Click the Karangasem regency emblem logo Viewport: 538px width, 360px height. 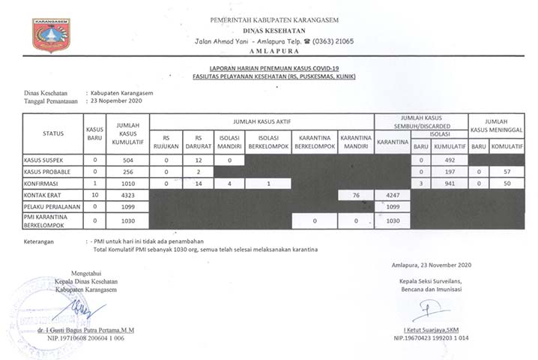(51, 34)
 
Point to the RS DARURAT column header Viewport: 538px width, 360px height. (199, 142)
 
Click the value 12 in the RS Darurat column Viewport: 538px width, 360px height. (199, 160)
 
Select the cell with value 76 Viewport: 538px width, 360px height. (356, 195)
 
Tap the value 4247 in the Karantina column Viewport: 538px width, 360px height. (391, 195)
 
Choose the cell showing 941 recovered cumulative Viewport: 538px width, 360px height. (450, 183)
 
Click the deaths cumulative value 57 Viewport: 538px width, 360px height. (506, 172)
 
